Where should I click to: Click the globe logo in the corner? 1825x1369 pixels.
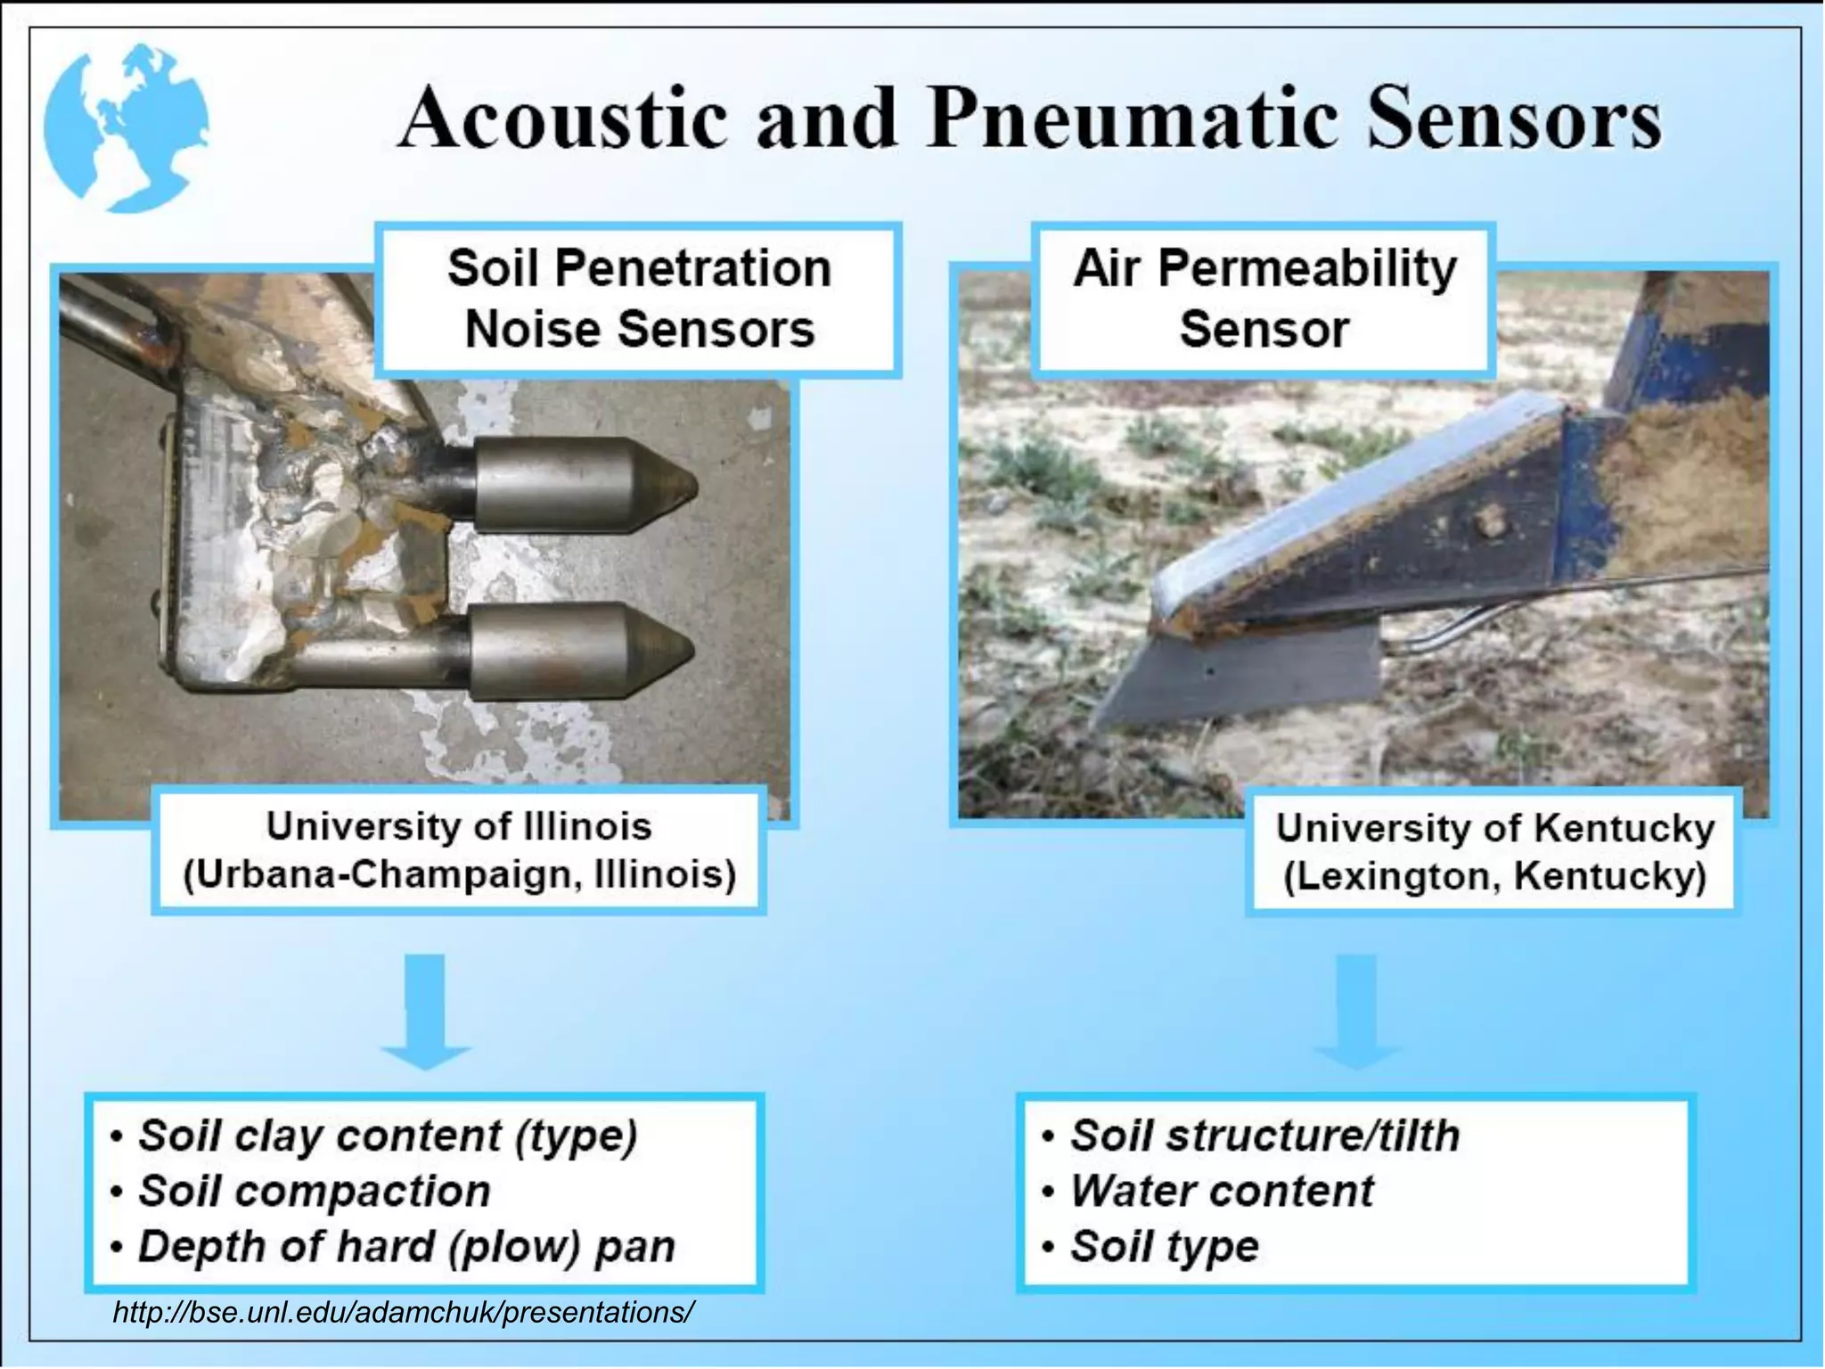[x=127, y=127]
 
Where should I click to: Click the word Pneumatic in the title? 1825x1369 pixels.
[x=1133, y=119]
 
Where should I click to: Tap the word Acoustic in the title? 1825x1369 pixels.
[x=562, y=119]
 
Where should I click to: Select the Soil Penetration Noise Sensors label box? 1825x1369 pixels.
[x=638, y=299]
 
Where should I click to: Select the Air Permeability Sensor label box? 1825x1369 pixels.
[x=1264, y=299]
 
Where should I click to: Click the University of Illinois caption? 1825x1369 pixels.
[x=459, y=850]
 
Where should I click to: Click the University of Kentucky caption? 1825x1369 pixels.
[x=1494, y=852]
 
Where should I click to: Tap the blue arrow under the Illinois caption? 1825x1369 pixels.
[x=426, y=1012]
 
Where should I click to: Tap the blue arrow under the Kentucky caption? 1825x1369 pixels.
[x=1357, y=1012]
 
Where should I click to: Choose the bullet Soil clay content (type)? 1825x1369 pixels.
[x=387, y=1135]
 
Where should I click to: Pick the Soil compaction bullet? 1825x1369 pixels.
[x=314, y=1191]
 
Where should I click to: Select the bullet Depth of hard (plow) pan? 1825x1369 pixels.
[x=405, y=1246]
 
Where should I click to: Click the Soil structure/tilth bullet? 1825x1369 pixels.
[x=1264, y=1135]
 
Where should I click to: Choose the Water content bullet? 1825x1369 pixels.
[x=1221, y=1191]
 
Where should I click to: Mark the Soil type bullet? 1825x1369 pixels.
[x=1163, y=1246]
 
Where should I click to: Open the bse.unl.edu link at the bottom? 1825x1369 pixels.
[x=403, y=1312]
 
